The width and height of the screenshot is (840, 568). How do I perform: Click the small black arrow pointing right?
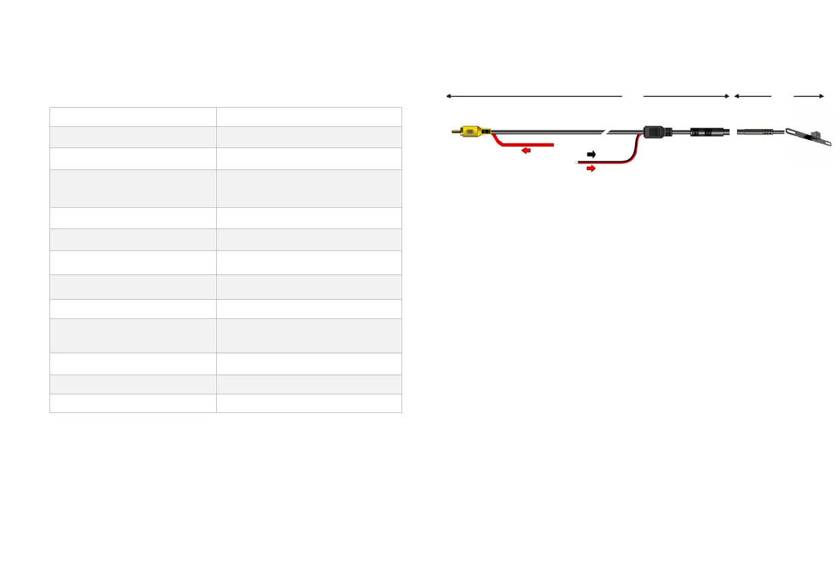591,154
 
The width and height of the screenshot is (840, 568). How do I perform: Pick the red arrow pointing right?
590,168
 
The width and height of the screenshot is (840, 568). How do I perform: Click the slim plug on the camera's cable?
758,131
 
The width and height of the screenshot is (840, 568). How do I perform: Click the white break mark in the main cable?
607,131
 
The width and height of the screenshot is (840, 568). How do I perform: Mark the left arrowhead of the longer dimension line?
448,97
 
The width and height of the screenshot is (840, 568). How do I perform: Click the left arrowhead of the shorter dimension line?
736,97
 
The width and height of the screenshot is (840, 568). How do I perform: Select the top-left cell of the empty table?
133,116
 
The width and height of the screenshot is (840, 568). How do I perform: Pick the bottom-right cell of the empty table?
309,403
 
